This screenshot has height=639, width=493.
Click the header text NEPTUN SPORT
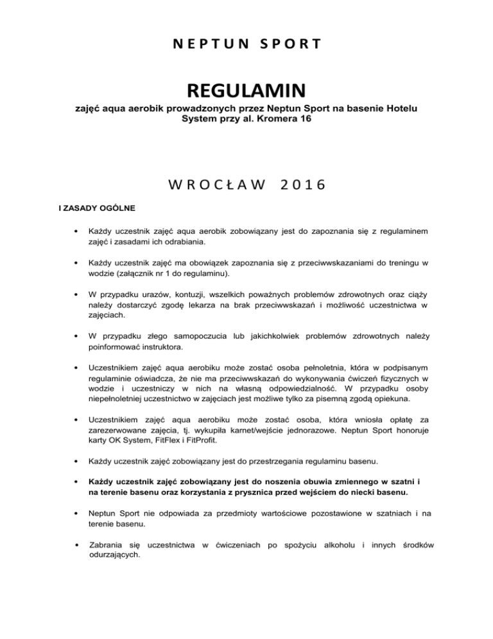246,44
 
